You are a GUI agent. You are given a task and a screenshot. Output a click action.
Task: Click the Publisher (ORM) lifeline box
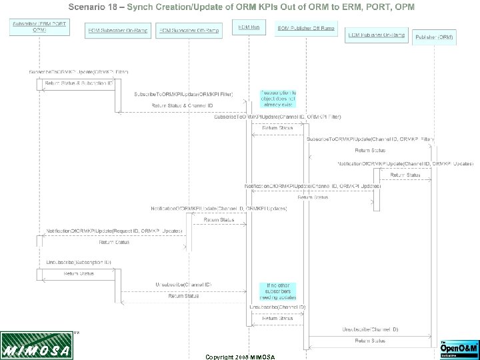click(434, 37)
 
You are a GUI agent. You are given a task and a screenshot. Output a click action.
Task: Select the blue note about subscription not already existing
click(278, 98)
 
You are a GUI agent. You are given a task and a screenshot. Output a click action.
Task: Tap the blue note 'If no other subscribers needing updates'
click(277, 291)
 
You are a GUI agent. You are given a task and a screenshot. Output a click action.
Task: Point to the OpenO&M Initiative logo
click(457, 348)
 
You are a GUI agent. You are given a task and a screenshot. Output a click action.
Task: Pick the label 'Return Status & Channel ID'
click(181, 105)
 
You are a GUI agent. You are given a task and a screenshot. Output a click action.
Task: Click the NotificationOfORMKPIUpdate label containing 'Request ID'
click(114, 231)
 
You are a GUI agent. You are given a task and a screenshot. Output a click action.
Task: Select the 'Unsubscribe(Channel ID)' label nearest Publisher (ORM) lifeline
click(370, 329)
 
